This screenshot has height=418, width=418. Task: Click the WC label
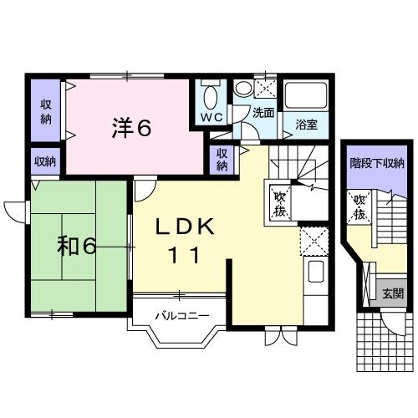[210, 119]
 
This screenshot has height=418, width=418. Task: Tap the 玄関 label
[393, 294]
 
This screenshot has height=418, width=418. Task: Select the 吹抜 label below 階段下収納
[359, 206]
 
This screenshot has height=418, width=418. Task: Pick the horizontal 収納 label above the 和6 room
[44, 161]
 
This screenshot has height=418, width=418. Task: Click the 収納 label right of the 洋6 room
[222, 159]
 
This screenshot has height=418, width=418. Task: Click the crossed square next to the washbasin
[265, 86]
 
